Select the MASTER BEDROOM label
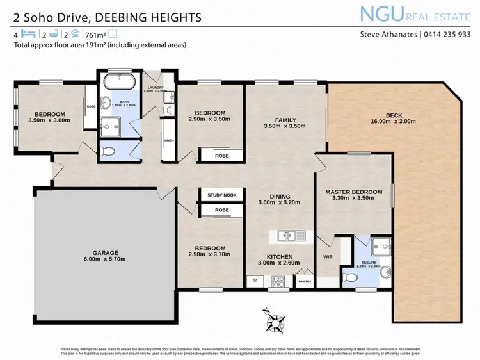coord(353,192)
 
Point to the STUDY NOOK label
coord(221,195)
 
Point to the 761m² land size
coord(96,35)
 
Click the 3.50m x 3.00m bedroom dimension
coord(49,120)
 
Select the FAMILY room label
coord(285,120)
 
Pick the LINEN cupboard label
coord(169,140)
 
